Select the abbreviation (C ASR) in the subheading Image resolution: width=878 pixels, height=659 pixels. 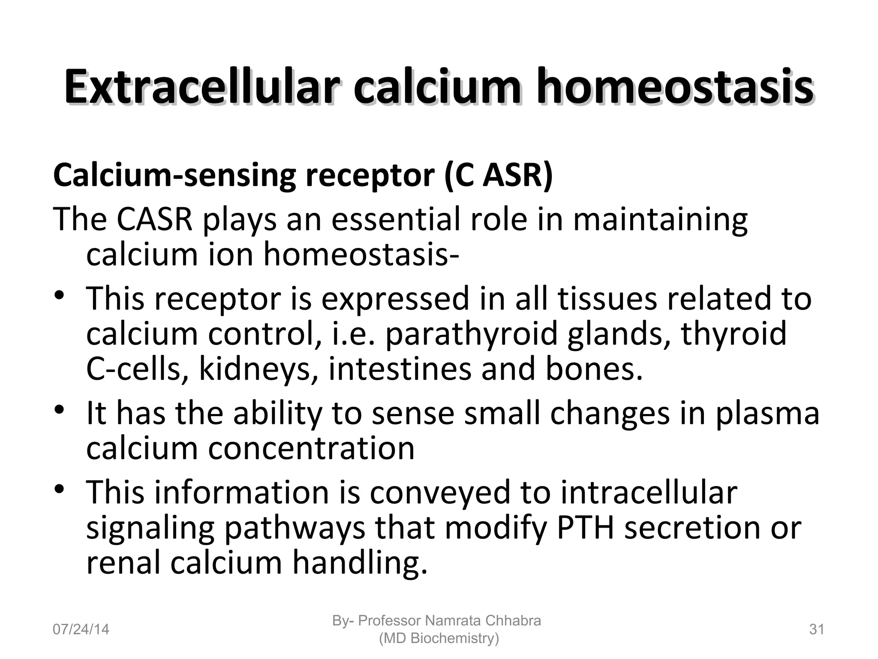tap(499, 176)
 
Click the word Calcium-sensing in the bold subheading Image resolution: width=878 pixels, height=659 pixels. tap(174, 176)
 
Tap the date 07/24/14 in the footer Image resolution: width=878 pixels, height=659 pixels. tap(81, 629)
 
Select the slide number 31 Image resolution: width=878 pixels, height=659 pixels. tap(817, 629)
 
